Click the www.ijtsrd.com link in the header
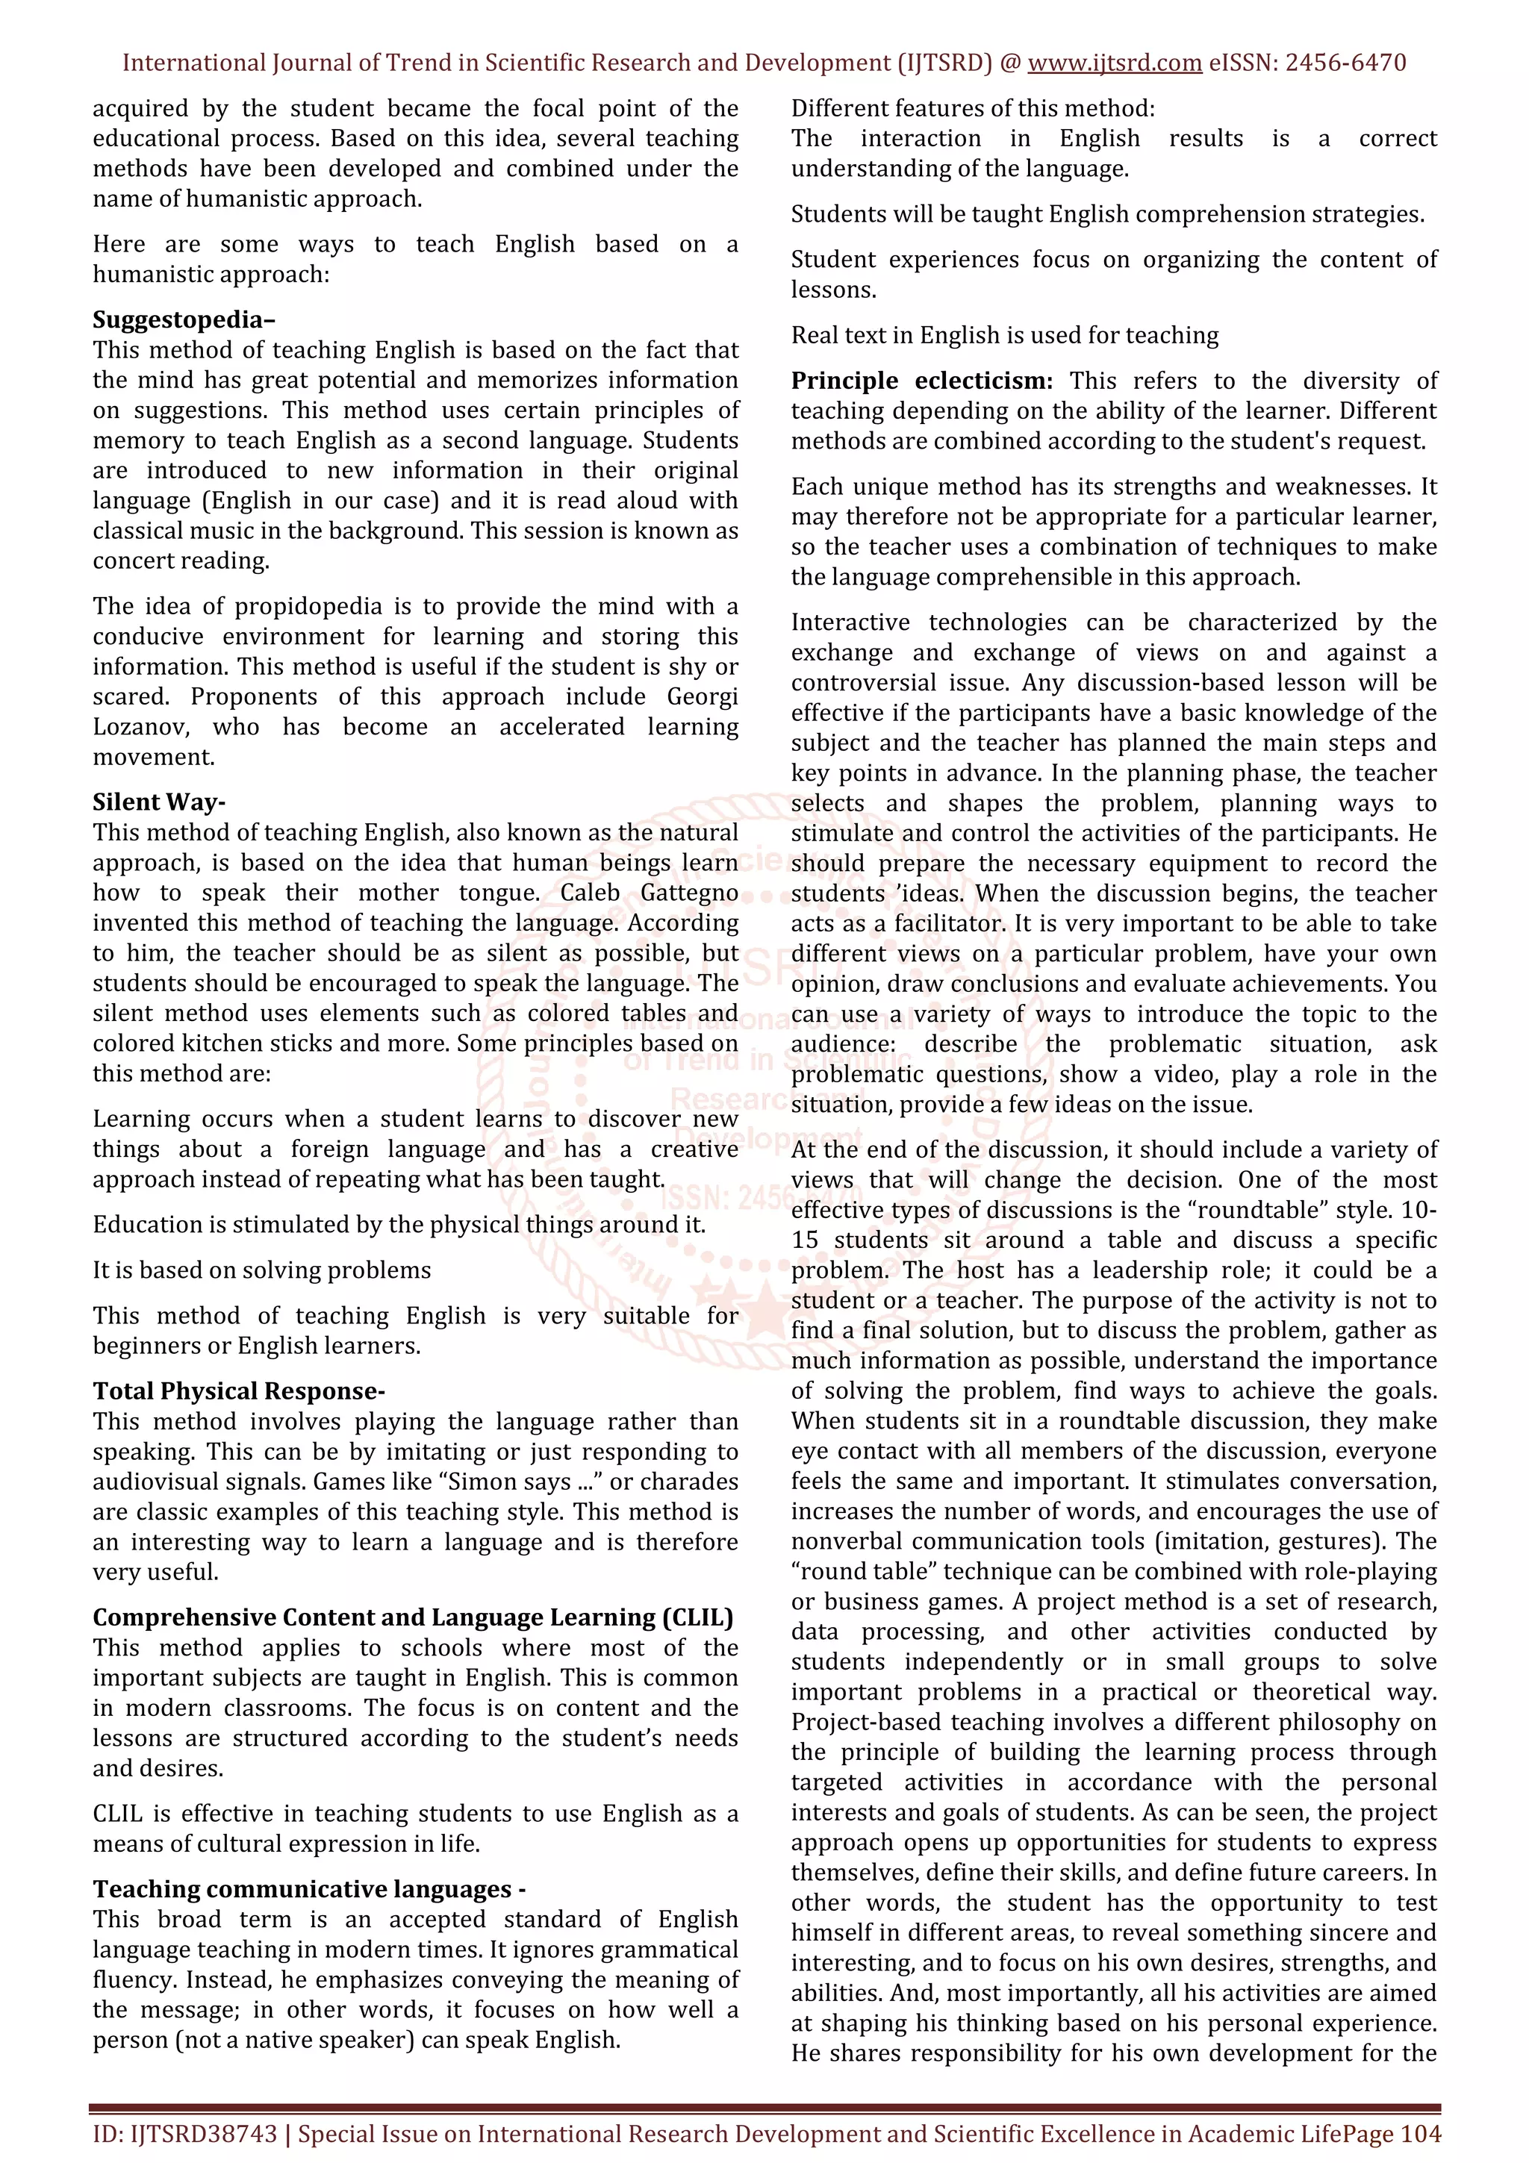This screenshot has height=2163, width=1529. point(1114,63)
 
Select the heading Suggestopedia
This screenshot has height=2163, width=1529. point(183,319)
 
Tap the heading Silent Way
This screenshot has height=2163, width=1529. point(158,802)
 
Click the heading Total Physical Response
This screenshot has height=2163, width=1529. point(238,1390)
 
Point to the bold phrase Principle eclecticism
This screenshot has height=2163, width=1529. point(921,381)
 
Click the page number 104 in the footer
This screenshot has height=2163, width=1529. point(1421,2134)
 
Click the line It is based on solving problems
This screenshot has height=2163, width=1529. point(261,1270)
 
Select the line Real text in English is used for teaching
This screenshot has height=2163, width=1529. point(1004,335)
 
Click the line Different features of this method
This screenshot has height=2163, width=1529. point(972,108)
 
